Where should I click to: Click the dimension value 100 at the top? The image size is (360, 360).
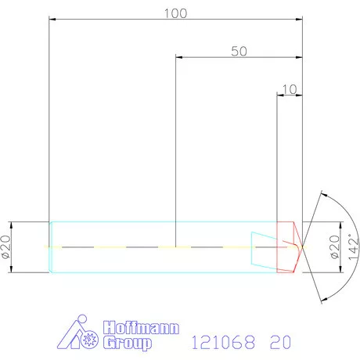click(175, 13)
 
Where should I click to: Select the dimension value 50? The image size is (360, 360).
click(239, 52)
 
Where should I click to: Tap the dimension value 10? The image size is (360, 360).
click(290, 89)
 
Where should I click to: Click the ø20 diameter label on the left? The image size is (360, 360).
click(6, 247)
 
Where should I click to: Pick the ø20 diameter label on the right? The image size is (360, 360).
click(334, 247)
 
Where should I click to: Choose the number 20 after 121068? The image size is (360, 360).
click(279, 341)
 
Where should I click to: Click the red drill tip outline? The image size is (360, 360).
click(290, 247)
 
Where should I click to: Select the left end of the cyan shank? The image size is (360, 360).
click(51, 247)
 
